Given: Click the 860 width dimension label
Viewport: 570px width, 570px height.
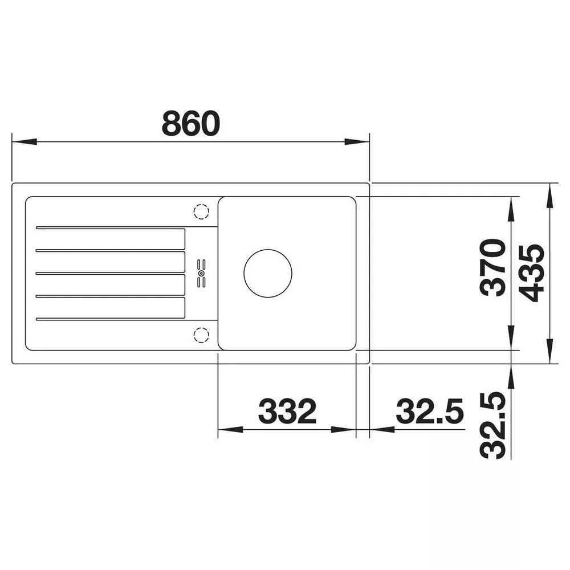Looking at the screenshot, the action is pos(191,123).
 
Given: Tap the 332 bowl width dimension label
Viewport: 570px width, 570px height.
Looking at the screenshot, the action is pos(287,411).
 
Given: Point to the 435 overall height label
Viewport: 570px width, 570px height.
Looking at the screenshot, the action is pos(531,273).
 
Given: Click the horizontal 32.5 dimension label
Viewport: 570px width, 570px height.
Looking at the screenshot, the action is pos(430,411).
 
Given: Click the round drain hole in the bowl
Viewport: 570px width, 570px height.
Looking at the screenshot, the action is pos(268,273).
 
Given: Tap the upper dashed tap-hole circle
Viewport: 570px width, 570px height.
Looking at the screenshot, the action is pos(201,211).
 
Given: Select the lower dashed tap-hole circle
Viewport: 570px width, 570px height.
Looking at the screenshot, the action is pos(201,335).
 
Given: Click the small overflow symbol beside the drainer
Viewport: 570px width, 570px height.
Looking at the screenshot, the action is pos(201,274).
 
